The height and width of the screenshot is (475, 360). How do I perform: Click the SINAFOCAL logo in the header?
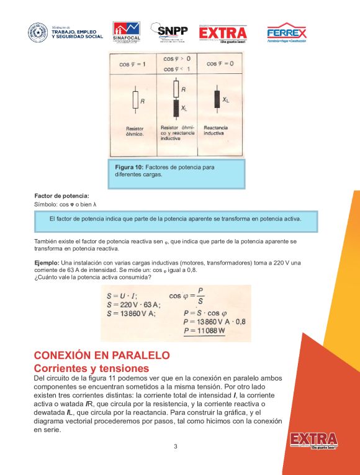click(x=126, y=32)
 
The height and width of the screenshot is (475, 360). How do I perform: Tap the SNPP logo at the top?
click(x=172, y=32)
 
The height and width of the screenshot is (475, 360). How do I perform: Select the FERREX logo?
click(x=286, y=33)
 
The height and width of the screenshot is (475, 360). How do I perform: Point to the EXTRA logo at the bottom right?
click(x=313, y=440)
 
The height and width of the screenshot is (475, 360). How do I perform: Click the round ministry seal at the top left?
click(x=37, y=32)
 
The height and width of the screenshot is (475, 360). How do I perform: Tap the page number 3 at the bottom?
click(x=176, y=446)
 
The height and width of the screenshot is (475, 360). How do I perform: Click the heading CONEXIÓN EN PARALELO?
click(x=102, y=356)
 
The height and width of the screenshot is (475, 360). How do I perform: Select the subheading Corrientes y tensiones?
click(x=91, y=368)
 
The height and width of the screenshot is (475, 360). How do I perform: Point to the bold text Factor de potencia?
click(x=61, y=196)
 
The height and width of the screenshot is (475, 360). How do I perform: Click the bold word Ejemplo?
click(x=47, y=263)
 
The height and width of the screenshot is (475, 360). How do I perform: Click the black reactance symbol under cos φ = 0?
click(x=217, y=98)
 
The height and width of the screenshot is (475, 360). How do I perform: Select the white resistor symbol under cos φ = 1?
click(x=135, y=99)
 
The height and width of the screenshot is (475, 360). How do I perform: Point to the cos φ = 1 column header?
click(x=133, y=64)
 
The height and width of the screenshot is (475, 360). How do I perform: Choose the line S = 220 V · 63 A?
click(x=133, y=304)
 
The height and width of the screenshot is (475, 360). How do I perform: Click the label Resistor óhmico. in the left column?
click(x=135, y=132)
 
